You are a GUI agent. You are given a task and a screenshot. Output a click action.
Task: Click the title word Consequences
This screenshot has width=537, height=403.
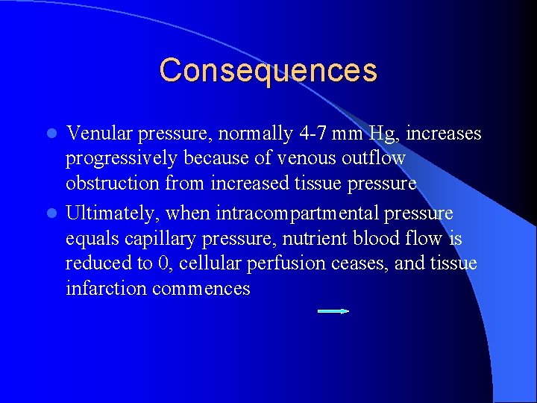click(x=268, y=70)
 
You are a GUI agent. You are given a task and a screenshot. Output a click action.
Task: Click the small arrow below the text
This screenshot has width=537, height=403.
click(x=333, y=310)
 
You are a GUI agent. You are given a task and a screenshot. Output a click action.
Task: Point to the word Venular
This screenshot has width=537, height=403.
click(x=98, y=134)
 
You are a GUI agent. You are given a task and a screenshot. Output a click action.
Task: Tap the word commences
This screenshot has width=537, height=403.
click(x=201, y=289)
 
